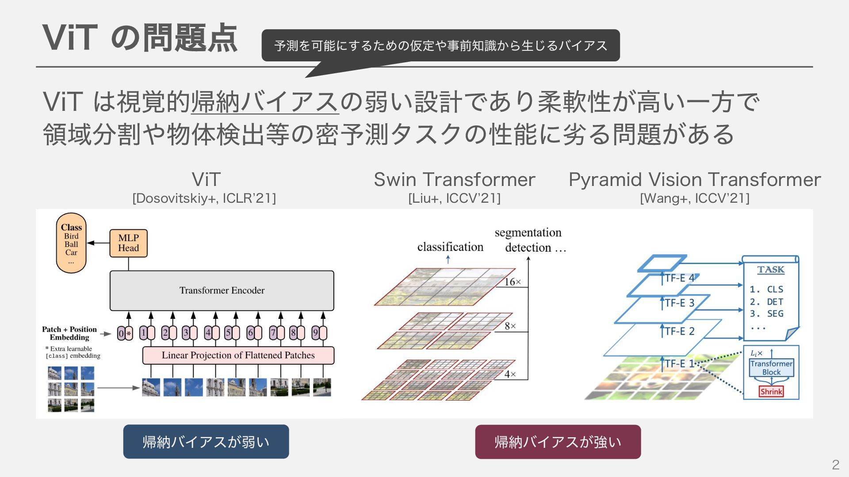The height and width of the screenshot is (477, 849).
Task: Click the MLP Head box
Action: pos(128,243)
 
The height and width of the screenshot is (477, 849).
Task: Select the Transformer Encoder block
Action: pos(222,291)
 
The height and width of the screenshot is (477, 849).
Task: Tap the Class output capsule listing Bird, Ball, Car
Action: pos(71,243)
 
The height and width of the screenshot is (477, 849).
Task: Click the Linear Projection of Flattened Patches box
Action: pos(238,355)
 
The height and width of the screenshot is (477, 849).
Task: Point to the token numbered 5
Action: pos(229,333)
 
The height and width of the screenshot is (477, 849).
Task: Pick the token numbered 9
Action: pos(315,333)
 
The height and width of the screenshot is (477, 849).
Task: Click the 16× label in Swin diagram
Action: pos(513,282)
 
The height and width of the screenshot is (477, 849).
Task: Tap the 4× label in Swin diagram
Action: pos(510,375)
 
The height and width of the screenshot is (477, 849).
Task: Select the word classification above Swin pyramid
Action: pos(450,247)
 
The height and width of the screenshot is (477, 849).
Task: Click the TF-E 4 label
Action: pos(680,278)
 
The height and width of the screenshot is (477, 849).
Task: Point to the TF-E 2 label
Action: pos(680,331)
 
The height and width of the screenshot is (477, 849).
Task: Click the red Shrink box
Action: pos(771,391)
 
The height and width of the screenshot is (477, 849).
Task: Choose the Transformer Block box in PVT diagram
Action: pos(771,367)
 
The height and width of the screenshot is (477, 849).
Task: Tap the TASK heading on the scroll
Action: pos(771,269)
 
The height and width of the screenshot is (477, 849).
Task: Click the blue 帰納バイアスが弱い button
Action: pos(206,442)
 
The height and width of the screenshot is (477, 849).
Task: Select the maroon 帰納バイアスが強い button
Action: pos(558,442)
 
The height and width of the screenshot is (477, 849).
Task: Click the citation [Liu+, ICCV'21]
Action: pos(454,198)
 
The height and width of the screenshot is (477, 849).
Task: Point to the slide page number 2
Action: pos(835,465)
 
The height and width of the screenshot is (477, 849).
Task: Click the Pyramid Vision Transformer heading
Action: pos(694,179)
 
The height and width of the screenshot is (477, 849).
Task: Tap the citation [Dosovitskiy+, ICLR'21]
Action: pos(204,198)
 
